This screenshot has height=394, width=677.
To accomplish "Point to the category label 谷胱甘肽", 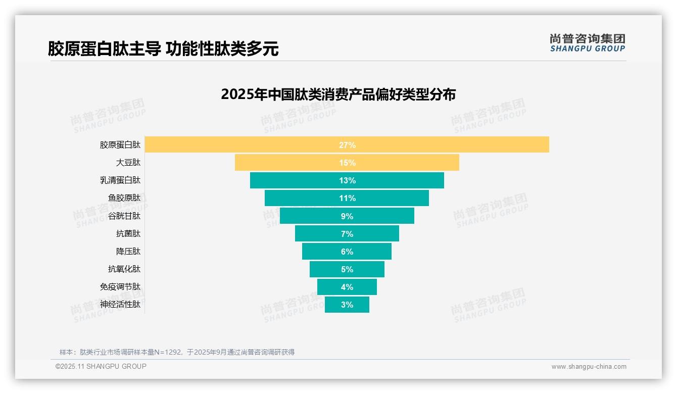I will [x=124, y=216].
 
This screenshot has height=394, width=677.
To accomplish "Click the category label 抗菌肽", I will [x=128, y=233].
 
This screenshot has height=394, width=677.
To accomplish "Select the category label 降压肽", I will [x=128, y=251].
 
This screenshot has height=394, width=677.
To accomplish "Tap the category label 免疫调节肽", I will [x=120, y=287].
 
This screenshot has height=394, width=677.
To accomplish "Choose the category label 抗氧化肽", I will [x=124, y=269].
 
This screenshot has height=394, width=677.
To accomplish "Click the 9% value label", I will [x=347, y=216].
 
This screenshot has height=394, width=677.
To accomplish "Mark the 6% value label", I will [x=347, y=252].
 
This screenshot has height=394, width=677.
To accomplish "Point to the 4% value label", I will [x=347, y=287].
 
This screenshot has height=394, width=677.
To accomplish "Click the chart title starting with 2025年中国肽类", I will [x=338, y=94].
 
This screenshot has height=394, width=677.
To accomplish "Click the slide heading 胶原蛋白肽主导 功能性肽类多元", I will [x=163, y=48].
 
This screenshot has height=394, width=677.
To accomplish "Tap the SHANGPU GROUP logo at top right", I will [x=587, y=43].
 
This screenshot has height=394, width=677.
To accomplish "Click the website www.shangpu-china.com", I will [x=589, y=367].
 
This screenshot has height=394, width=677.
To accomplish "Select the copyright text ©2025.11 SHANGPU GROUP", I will [x=101, y=366].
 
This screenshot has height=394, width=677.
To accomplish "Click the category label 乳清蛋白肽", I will [x=120, y=180].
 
